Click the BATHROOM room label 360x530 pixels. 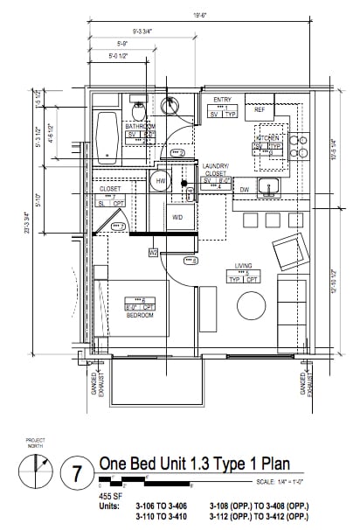140,126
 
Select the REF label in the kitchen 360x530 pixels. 259,110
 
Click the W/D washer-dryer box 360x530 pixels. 177,216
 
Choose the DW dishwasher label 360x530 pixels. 245,189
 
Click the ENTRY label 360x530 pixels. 223,100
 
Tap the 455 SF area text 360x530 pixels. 113,494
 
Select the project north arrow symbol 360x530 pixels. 36,472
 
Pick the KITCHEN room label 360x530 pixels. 267,138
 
